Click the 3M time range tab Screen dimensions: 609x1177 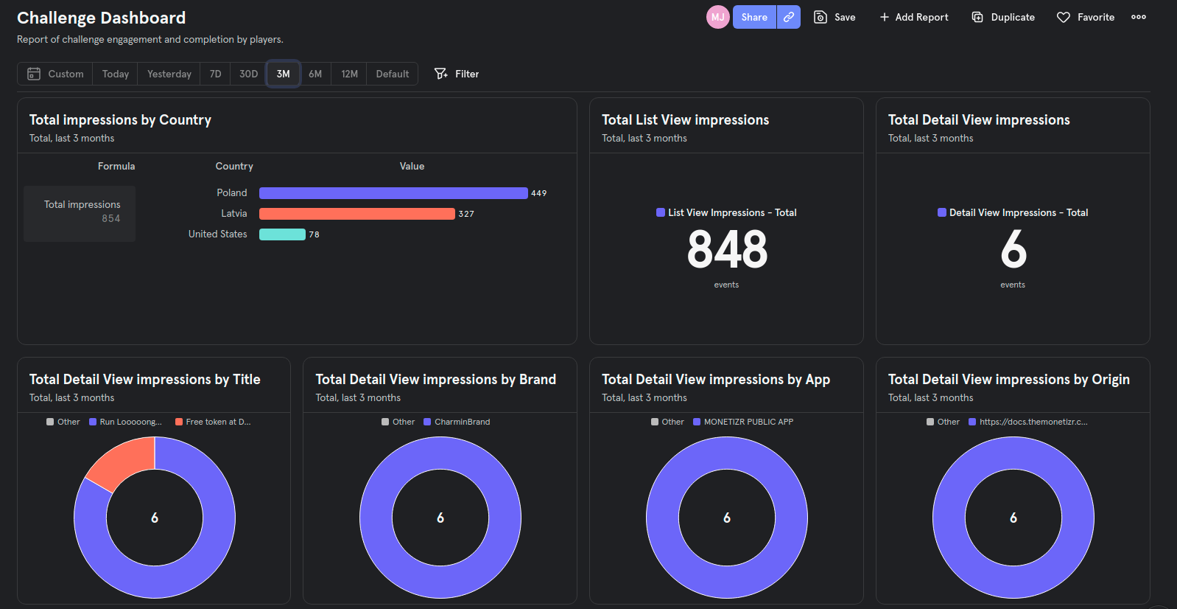[x=283, y=74]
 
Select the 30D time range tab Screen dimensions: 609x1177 [x=248, y=74]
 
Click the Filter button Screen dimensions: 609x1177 [x=457, y=74]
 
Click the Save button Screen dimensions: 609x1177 [x=835, y=17]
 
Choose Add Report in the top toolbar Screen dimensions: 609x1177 [x=913, y=17]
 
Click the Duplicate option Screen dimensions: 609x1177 [x=1003, y=17]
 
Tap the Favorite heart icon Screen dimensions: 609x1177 [x=1064, y=17]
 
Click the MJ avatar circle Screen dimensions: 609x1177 [x=717, y=17]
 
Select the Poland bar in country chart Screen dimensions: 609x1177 [x=393, y=193]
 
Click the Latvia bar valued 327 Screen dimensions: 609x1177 [x=356, y=214]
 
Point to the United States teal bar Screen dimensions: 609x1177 [x=282, y=234]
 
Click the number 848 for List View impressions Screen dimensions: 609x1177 [x=727, y=249]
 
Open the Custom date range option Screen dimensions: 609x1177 [x=55, y=74]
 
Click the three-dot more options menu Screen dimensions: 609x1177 [x=1138, y=17]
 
